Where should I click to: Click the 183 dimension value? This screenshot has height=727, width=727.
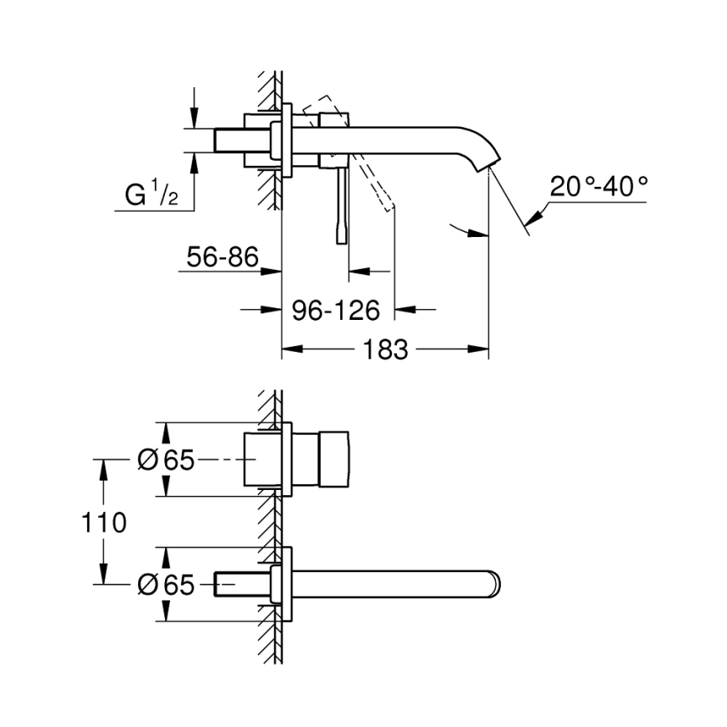pyautogui.click(x=385, y=348)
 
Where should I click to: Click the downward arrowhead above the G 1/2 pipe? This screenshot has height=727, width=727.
pyautogui.click(x=195, y=118)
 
